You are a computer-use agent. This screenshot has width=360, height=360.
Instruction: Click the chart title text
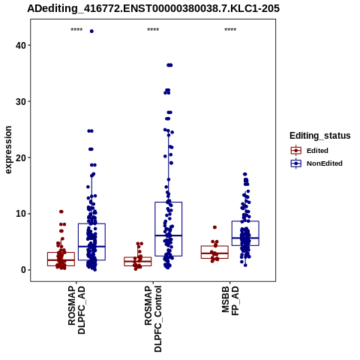click(x=153, y=8)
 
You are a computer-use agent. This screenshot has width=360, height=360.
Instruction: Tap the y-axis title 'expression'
click(x=8, y=150)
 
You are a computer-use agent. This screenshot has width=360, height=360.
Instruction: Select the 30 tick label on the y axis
click(x=21, y=101)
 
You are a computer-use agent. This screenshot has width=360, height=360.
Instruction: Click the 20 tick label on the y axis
click(x=21, y=157)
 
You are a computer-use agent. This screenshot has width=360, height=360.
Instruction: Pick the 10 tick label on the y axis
click(x=21, y=214)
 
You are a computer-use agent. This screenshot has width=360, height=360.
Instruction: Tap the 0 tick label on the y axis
click(x=23, y=270)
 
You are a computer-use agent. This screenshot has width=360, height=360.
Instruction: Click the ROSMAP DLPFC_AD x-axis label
click(x=76, y=310)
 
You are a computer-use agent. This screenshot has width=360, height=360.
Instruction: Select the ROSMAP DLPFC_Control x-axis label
click(x=153, y=319)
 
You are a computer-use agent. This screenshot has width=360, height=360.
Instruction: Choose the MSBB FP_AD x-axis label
click(x=230, y=301)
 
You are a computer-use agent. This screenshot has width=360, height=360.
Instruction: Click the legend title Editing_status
click(x=320, y=136)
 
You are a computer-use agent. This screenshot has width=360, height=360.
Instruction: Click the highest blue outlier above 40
click(x=91, y=31)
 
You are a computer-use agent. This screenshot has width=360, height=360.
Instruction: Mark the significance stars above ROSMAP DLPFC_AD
click(x=76, y=30)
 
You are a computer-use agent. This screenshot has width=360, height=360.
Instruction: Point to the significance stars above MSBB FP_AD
click(x=230, y=30)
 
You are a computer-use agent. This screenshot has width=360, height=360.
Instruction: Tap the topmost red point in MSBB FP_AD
click(x=214, y=227)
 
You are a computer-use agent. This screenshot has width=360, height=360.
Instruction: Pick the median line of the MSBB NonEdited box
click(x=245, y=238)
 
